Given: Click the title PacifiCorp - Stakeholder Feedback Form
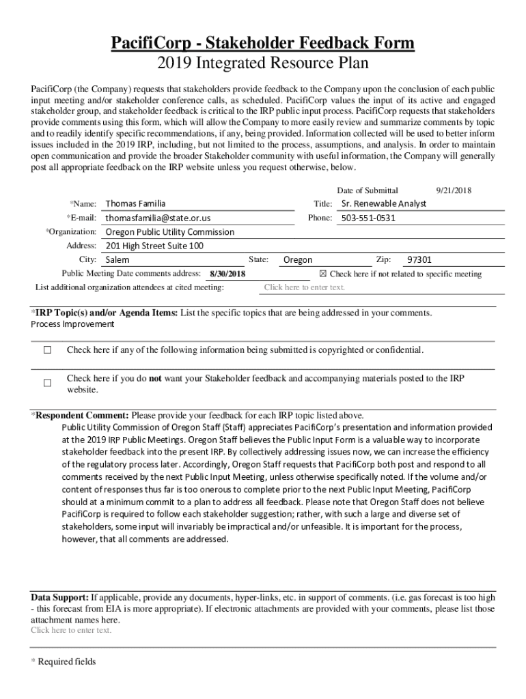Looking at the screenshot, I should [x=263, y=44].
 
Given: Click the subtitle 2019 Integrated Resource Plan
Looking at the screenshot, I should [x=263, y=64].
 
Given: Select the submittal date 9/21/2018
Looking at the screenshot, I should [x=454, y=190].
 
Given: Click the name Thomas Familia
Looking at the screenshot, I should [x=135, y=203].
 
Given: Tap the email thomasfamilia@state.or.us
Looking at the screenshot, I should [x=158, y=218].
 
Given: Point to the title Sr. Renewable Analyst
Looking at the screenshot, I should [x=383, y=203].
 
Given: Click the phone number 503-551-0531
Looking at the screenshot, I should [x=368, y=218].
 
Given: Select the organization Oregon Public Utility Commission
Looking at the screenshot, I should [x=169, y=231].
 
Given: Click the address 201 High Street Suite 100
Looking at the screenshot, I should [x=154, y=246].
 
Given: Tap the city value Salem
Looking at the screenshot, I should [x=117, y=259].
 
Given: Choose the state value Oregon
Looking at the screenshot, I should [x=298, y=259].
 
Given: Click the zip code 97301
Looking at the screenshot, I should [x=419, y=259].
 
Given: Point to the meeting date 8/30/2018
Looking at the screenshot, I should [x=227, y=274].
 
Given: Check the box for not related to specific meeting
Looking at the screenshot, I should [x=324, y=274].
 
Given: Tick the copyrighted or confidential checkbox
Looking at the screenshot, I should [x=48, y=350].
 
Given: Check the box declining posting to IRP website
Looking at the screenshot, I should [x=48, y=384].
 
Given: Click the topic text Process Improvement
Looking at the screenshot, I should [x=72, y=324].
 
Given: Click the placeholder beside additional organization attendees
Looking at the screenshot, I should [x=305, y=287].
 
